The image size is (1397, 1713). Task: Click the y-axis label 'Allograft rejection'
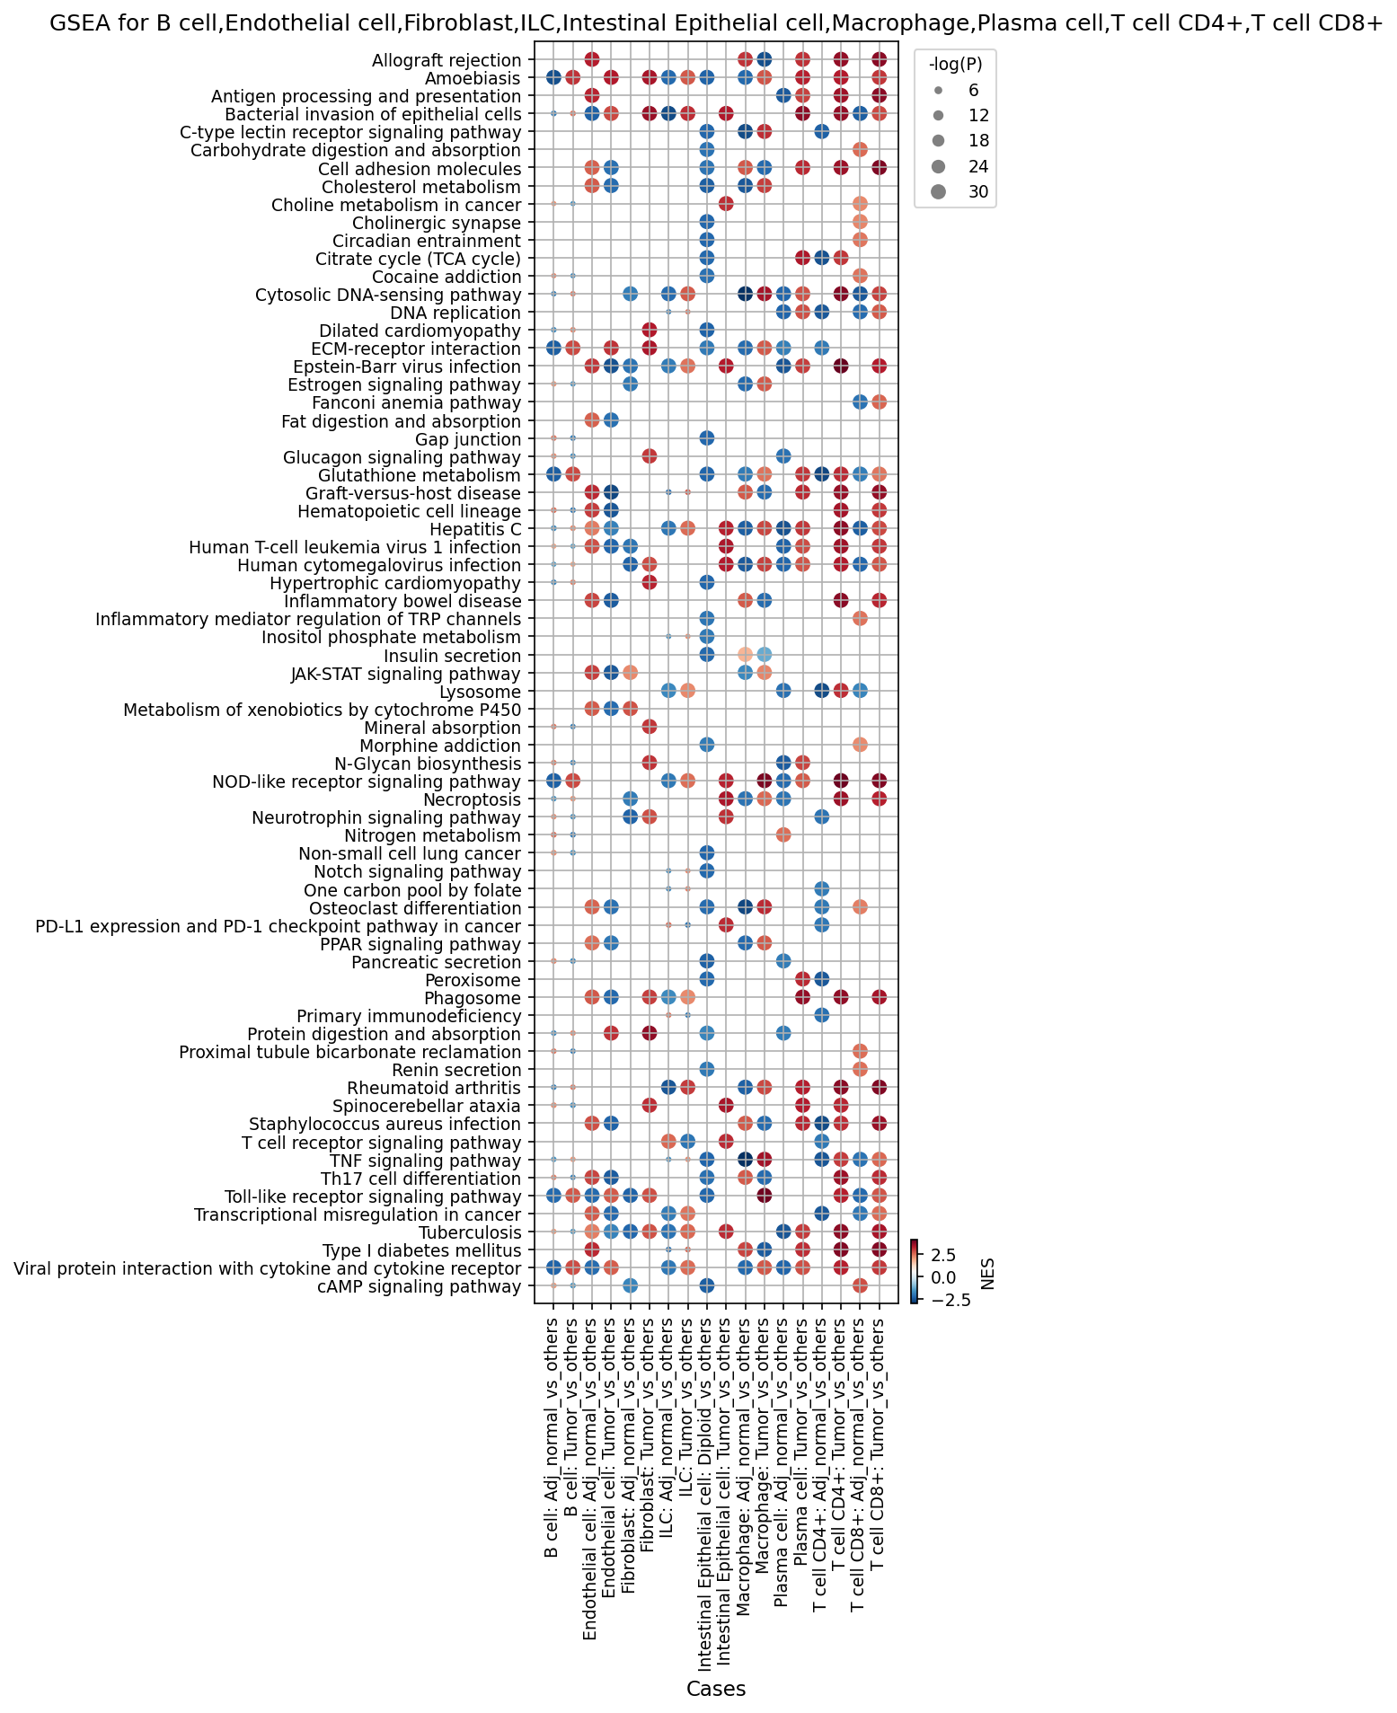point(447,60)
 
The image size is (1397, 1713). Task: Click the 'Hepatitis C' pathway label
point(476,529)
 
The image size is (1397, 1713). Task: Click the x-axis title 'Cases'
point(716,1690)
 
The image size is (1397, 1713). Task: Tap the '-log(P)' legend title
point(954,65)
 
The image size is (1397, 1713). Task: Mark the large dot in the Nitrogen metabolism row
point(782,835)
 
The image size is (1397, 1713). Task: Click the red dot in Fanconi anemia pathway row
point(879,402)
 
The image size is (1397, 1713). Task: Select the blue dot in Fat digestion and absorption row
point(611,420)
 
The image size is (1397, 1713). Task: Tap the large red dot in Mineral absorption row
point(649,727)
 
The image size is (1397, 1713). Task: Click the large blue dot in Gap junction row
point(706,438)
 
